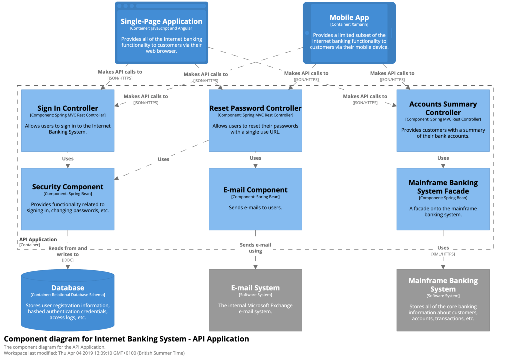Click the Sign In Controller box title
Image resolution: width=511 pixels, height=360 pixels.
pos(68,108)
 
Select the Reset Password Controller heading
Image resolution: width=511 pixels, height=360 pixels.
pos(255,108)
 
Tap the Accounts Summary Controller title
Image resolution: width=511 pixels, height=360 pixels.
pos(443,108)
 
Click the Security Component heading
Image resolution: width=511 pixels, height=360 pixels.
pos(68,187)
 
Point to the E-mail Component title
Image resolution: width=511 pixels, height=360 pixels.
pos(255,190)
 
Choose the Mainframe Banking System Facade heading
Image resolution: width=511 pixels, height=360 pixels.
pos(443,187)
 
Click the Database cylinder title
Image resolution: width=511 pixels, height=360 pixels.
pos(68,288)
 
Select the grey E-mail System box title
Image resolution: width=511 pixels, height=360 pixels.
pos(255,288)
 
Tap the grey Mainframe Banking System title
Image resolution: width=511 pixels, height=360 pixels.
pos(443,285)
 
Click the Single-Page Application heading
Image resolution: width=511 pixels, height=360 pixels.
pos(161,21)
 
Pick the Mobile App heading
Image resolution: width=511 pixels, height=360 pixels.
pos(349,18)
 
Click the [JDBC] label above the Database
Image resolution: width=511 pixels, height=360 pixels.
pos(68,260)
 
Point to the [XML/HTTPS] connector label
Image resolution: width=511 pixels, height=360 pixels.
pos(443,254)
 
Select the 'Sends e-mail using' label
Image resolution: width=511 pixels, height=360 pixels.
pos(255,248)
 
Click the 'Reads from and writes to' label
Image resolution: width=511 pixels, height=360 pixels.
pos(68,251)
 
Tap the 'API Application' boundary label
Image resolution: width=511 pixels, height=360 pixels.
pos(38,240)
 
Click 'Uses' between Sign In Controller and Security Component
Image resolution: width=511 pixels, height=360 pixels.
pos(68,159)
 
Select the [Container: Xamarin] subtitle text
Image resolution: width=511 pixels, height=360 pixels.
pos(349,24)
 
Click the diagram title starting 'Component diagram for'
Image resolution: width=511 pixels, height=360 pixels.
pos(126,339)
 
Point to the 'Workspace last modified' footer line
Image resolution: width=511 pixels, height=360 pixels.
pos(94,353)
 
